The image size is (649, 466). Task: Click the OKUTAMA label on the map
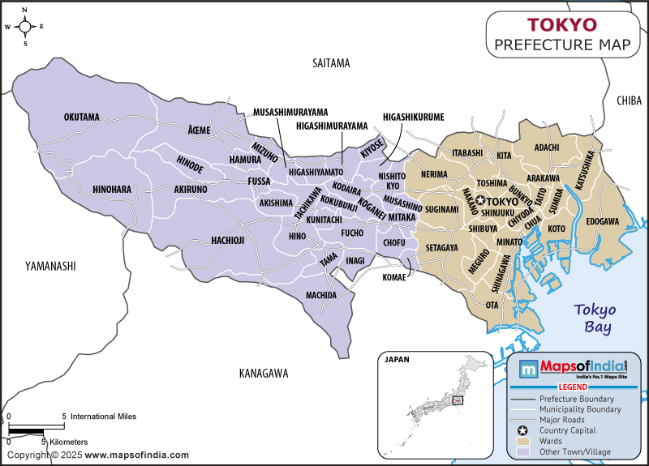pyautogui.click(x=81, y=118)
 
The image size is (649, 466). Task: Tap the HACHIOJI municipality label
pyautogui.click(x=228, y=240)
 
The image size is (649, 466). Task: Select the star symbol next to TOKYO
pyautogui.click(x=480, y=200)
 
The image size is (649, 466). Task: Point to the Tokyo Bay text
pyautogui.click(x=595, y=318)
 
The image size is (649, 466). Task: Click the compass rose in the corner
pyautogui.click(x=25, y=26)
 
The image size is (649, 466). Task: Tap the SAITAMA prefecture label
pyautogui.click(x=330, y=62)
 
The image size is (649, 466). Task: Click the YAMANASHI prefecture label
pyautogui.click(x=49, y=265)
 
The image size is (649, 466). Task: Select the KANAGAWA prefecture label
pyautogui.click(x=264, y=374)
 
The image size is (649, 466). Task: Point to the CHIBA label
pyautogui.click(x=628, y=100)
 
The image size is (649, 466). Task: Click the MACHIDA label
pyautogui.click(x=320, y=295)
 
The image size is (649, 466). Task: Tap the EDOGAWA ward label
pyautogui.click(x=602, y=220)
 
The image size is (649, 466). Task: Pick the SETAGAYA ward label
pyautogui.click(x=441, y=247)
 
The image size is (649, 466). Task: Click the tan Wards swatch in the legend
pyautogui.click(x=523, y=441)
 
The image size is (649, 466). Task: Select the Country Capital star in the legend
pyautogui.click(x=523, y=430)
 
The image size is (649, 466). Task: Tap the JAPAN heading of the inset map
pyautogui.click(x=397, y=359)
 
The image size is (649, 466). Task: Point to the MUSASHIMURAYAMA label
pyautogui.click(x=290, y=112)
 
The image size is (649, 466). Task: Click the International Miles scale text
pyautogui.click(x=103, y=416)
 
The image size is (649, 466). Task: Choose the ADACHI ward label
pyautogui.click(x=547, y=147)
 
